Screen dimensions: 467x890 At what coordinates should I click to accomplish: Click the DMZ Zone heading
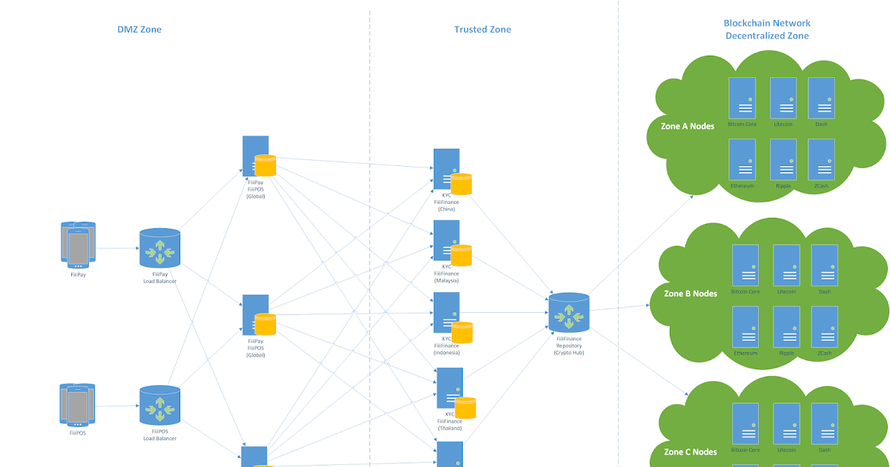click(x=139, y=30)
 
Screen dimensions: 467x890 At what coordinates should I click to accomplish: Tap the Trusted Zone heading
click(x=482, y=30)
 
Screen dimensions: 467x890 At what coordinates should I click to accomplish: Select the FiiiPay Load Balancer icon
click(x=159, y=248)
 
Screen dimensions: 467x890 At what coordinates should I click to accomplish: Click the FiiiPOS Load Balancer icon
click(x=159, y=405)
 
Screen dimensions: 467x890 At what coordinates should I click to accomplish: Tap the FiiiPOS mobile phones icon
click(x=78, y=404)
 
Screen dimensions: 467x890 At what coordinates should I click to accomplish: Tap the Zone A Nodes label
click(x=688, y=126)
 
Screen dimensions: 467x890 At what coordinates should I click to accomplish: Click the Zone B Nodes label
click(x=690, y=294)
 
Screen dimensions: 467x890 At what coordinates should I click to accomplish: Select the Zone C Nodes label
click(x=690, y=451)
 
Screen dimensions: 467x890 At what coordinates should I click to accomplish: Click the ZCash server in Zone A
click(x=821, y=159)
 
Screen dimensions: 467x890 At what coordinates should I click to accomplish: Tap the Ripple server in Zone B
click(x=786, y=328)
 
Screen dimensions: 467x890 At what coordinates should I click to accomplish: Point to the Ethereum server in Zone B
click(x=745, y=328)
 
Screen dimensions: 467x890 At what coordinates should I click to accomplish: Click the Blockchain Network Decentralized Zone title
click(x=767, y=30)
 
